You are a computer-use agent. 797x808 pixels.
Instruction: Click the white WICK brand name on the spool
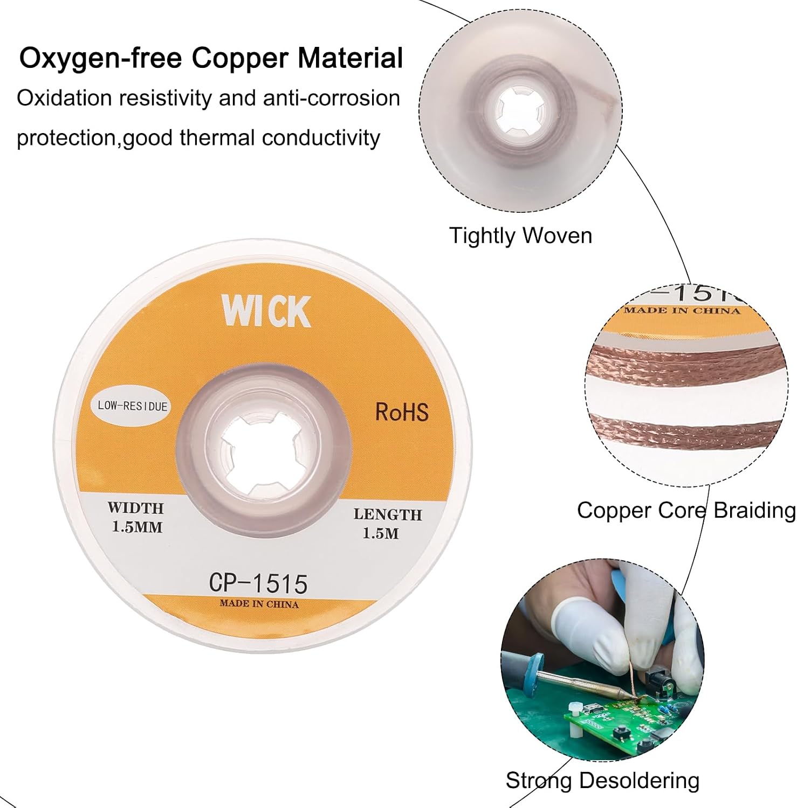pos(266,311)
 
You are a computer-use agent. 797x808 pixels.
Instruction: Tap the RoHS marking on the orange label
pos(402,412)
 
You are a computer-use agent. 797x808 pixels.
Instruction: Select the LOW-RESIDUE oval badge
pos(133,406)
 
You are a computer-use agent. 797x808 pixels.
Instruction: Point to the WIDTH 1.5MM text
pos(136,517)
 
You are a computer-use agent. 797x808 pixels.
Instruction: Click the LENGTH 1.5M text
pos(387,524)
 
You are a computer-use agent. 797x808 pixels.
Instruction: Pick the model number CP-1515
pos(258,583)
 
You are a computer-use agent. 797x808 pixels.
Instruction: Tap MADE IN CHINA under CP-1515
pos(259,604)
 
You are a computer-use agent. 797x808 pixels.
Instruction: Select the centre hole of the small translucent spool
pos(520,110)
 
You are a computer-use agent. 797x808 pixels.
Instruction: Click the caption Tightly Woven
pos(520,236)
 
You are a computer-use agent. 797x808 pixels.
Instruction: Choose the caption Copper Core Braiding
pos(686,510)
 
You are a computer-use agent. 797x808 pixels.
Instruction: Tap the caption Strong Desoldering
pos(602,781)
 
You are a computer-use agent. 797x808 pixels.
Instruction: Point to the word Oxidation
pos(64,98)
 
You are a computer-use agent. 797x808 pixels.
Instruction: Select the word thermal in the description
pos(216,137)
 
